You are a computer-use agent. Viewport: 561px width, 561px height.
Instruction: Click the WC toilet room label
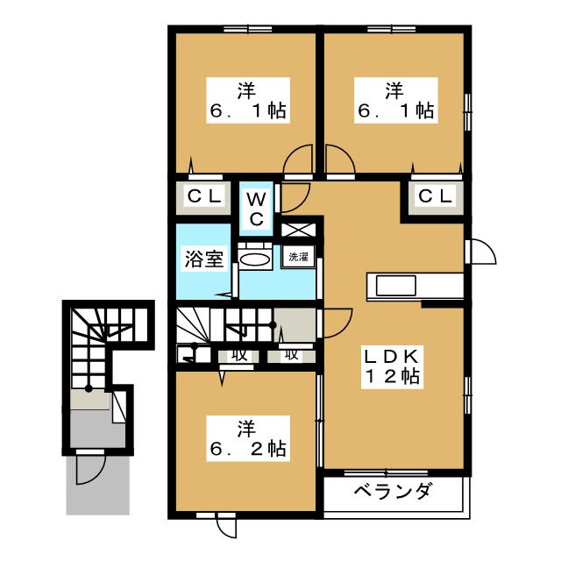pos(256,209)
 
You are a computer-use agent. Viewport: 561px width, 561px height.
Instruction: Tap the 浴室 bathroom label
pos(204,259)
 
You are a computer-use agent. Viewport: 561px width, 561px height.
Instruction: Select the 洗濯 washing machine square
pos(298,257)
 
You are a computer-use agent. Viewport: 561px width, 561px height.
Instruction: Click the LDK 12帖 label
pos(392,367)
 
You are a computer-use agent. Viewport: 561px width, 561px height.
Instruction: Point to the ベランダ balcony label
pos(394,491)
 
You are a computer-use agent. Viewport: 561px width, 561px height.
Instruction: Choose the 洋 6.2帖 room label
pos(248,438)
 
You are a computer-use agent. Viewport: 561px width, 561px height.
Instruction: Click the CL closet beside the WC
pos(204,196)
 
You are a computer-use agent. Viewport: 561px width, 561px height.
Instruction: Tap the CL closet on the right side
pos(435,196)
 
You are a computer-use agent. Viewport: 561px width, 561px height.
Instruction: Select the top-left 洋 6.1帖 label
pos(248,101)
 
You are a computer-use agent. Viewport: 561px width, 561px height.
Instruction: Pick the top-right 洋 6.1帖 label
pos(396,101)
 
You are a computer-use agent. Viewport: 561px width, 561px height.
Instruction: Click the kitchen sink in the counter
pos(396,286)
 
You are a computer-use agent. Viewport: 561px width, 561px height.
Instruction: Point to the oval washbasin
pos(255,259)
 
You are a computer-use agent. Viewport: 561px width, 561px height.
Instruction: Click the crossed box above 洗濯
pos(298,230)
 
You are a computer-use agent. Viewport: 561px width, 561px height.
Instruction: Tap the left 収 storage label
pos(239,355)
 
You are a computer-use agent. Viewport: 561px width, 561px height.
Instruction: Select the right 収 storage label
pos(292,354)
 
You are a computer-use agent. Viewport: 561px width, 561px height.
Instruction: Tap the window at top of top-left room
pos(247,29)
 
